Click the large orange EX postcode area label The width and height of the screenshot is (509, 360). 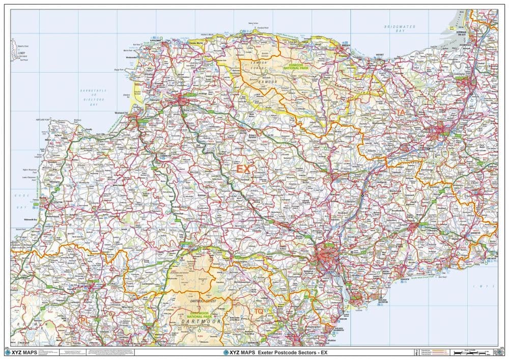click(x=243, y=169)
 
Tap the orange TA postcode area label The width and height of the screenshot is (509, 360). click(x=401, y=112)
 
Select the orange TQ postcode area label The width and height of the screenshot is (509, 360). click(x=259, y=311)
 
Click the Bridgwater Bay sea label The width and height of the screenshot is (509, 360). click(x=400, y=29)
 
